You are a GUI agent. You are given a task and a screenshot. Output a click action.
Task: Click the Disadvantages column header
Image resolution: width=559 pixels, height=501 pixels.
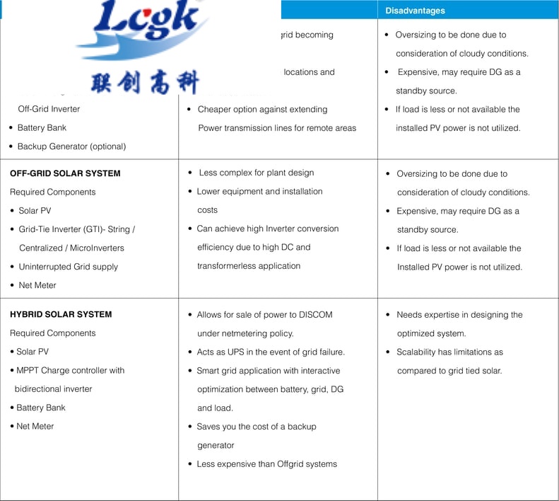415,11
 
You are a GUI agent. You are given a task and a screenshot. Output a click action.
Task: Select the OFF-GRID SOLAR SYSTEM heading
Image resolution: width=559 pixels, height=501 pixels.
65,173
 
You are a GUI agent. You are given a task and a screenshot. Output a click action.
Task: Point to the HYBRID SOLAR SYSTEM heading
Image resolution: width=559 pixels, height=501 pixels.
61,314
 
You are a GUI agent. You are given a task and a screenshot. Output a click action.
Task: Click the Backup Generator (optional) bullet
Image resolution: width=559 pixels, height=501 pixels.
71,146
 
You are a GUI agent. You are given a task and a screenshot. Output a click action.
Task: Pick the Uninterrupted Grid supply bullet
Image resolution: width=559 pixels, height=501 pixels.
68,267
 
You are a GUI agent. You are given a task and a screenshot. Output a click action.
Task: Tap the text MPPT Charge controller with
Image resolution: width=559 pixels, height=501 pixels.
70,370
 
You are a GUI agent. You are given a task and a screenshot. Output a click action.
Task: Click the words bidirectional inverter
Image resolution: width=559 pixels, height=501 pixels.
53,388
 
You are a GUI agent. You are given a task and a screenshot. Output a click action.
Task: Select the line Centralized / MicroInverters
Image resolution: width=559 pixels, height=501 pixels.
71,248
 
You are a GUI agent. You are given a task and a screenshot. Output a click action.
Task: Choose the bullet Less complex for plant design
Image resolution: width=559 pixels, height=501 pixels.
256,173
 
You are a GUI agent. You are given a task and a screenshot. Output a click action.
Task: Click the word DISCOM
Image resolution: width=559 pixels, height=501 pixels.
315,314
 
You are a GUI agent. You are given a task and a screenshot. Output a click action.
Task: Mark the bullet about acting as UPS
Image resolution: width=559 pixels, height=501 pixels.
271,352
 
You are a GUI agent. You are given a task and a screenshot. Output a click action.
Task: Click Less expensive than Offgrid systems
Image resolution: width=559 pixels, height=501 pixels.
266,464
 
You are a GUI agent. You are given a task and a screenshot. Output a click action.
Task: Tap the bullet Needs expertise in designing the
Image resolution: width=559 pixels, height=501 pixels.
459,315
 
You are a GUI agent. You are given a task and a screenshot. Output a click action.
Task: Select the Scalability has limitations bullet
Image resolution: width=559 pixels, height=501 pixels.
449,352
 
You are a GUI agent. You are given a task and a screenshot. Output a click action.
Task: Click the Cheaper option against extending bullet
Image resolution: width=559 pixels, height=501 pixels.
262,110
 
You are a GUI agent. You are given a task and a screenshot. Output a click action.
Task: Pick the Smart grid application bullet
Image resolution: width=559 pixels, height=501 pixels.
268,370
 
